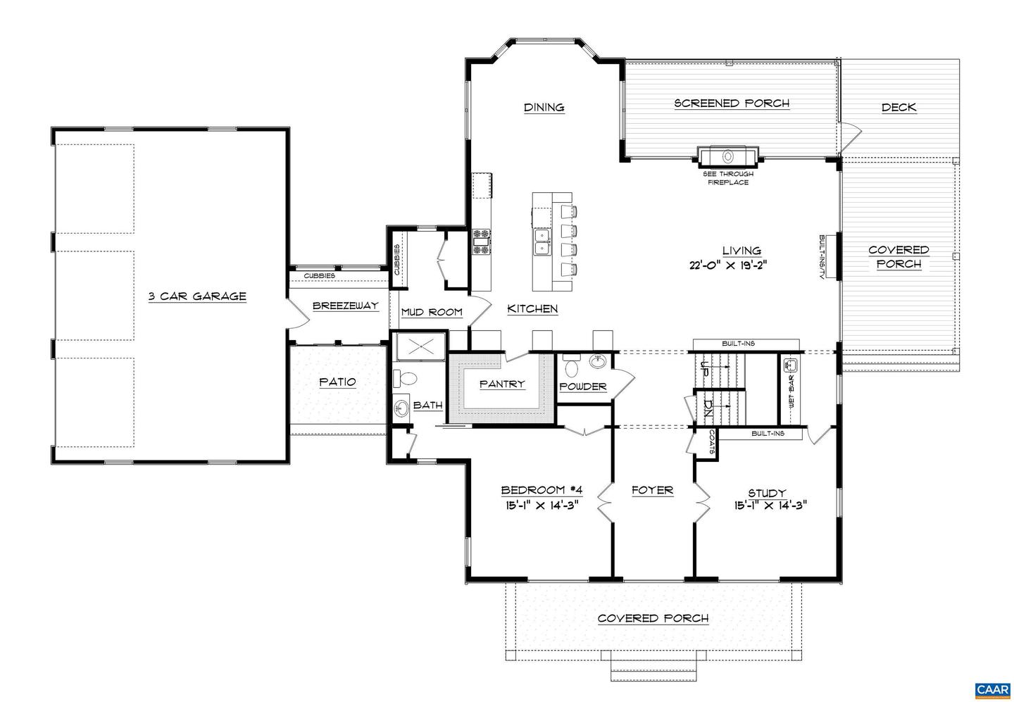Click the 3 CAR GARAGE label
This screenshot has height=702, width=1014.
197,296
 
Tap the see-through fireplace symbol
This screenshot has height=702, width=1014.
728,156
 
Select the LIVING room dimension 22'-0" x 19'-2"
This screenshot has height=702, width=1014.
727,265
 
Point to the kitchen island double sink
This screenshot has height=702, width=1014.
541,241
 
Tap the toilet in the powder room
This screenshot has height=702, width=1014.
571,367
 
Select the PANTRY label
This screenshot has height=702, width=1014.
502,384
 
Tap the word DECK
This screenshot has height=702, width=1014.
899,108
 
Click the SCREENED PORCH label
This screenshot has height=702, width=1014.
732,104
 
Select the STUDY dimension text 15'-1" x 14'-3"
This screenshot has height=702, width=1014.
767,505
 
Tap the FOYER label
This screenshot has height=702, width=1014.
652,490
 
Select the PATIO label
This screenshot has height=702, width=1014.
337,382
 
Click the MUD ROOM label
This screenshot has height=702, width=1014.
431,312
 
